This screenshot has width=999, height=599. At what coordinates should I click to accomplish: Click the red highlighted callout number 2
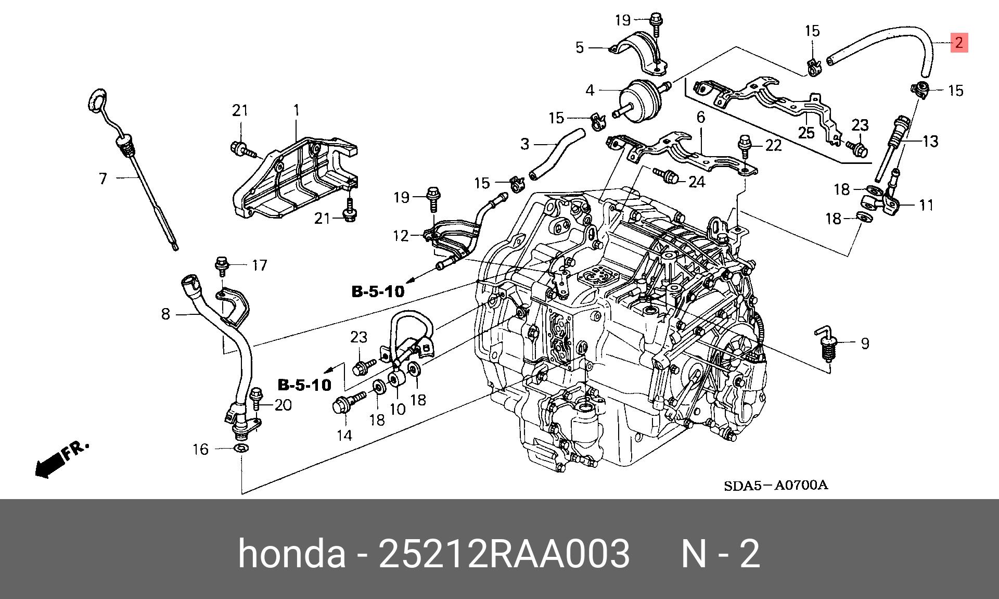(959, 42)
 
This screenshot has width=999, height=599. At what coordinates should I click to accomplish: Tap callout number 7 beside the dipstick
(103, 179)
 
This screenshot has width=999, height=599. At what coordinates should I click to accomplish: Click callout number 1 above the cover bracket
(296, 110)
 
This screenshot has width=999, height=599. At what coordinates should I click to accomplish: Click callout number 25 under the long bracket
(806, 133)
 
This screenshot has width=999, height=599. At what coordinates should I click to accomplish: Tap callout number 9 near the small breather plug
(865, 343)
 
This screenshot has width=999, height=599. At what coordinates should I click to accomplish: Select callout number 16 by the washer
(201, 449)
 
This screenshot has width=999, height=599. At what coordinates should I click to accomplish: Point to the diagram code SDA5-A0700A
(775, 486)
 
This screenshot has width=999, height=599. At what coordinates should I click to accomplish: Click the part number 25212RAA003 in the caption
(504, 554)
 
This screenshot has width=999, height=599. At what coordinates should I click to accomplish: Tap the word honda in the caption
(292, 554)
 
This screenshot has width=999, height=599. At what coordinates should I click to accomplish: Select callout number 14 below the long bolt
(344, 435)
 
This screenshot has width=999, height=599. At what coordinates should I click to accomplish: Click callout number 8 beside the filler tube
(165, 314)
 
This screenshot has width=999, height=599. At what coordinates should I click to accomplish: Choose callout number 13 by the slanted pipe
(930, 141)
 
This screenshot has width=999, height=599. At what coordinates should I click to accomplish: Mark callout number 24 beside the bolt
(697, 182)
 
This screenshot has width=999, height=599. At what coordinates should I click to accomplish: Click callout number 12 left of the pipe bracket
(401, 236)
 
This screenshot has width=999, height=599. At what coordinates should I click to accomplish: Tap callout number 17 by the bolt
(259, 265)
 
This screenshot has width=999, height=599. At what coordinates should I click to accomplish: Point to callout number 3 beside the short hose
(524, 144)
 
